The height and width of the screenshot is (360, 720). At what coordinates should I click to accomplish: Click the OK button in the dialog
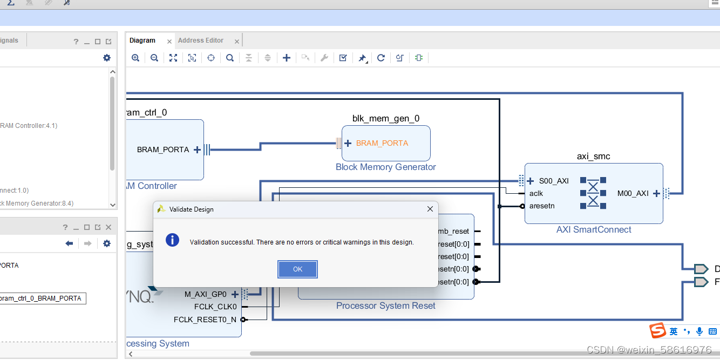(297, 269)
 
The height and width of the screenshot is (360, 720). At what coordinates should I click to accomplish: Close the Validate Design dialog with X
(430, 209)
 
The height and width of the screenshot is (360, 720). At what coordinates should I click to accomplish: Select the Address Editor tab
(201, 40)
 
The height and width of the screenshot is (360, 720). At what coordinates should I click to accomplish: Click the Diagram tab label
(142, 40)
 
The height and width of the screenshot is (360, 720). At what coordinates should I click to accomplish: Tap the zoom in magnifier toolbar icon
(135, 58)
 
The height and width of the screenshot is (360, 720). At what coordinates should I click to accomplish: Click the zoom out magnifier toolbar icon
(154, 58)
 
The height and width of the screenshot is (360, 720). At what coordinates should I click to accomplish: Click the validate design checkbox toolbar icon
(343, 58)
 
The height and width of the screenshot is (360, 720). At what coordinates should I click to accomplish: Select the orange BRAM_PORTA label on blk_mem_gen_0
(382, 143)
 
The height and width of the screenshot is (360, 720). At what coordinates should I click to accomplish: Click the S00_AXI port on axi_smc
(554, 181)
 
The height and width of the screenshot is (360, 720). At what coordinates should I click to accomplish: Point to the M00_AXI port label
(633, 193)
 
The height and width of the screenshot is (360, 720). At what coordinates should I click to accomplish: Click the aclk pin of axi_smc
(536, 193)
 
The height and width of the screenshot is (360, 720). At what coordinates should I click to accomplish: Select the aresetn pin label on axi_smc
(542, 206)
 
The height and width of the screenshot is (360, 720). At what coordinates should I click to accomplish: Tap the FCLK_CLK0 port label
(215, 307)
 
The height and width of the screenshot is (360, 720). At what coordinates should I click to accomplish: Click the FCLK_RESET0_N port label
(205, 320)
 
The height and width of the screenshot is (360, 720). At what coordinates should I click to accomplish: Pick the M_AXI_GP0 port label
(206, 294)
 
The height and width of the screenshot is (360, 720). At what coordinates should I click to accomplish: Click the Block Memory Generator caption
(385, 167)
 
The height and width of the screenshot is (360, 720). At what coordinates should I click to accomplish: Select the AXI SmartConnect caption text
(594, 229)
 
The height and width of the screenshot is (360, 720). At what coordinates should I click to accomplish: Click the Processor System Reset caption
(385, 305)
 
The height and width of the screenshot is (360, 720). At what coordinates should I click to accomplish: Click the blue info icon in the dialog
(172, 240)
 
